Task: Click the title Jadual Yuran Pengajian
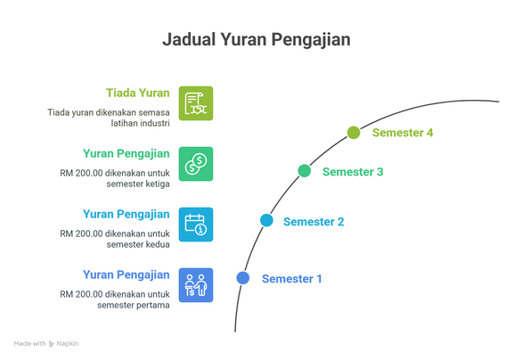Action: [256, 40]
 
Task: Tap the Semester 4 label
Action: [403, 133]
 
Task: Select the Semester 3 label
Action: [353, 172]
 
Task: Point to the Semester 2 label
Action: [313, 222]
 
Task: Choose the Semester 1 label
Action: [292, 279]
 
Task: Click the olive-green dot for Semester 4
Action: [354, 133]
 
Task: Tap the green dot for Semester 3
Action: [305, 171]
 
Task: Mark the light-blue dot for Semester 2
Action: [266, 220]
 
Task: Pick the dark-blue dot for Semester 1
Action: [243, 278]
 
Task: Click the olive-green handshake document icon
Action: [196, 103]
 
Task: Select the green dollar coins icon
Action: [196, 164]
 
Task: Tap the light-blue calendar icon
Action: [196, 225]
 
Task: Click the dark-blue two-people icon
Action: [196, 285]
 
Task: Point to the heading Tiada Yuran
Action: [138, 93]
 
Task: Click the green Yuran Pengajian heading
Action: [126, 154]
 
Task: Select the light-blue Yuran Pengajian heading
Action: [126, 215]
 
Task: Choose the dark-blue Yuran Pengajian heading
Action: [126, 275]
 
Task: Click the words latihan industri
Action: [141, 123]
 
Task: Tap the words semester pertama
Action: [134, 306]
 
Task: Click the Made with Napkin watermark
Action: [46, 344]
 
